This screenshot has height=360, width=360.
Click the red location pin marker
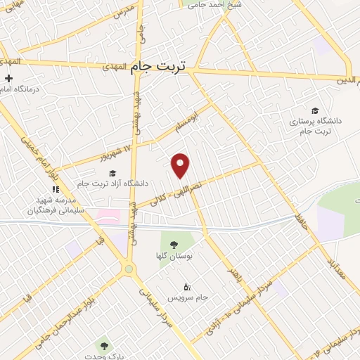[x=181, y=165]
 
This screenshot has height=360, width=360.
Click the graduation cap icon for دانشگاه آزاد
[x=112, y=173]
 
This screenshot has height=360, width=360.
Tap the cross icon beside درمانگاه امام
[x=8, y=79]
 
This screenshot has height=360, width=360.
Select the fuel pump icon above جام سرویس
[x=186, y=287]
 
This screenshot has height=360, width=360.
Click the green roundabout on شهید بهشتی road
[x=128, y=269]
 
